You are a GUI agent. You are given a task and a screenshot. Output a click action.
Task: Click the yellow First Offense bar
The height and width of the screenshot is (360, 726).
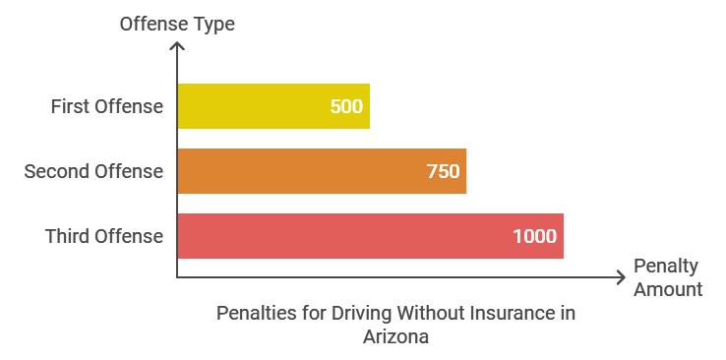272,106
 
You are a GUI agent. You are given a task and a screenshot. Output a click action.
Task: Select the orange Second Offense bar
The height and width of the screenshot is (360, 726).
321,171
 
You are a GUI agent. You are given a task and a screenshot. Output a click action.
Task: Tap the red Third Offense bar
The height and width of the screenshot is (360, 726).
369,236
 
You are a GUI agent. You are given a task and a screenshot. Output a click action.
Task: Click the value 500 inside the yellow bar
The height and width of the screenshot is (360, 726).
346,106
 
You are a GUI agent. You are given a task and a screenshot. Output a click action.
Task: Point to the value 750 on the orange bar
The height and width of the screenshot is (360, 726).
443,171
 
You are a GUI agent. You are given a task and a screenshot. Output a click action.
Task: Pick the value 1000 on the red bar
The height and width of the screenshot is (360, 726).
534,236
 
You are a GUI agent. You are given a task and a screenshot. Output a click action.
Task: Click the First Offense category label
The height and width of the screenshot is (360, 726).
106,106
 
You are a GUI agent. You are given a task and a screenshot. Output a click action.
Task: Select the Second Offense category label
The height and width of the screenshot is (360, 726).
93,171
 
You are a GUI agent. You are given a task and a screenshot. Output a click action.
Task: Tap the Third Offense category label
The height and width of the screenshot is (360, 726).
103,236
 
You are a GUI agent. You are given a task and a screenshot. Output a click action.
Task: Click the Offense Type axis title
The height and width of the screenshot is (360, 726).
177,24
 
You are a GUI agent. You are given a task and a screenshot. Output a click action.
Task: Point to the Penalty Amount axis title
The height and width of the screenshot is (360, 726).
667,277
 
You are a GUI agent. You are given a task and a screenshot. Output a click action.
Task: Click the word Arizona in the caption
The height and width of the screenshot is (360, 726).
395,335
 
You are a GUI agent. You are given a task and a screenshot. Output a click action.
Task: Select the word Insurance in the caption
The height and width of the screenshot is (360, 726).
504,314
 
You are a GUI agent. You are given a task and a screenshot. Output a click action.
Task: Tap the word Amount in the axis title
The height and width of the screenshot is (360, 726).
668,289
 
